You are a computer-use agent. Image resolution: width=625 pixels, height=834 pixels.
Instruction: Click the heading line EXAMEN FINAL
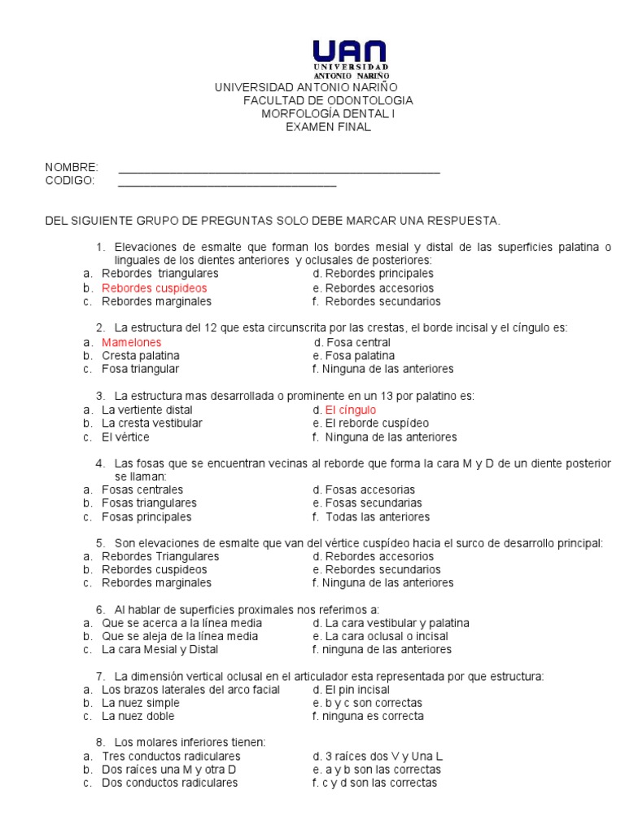pyautogui.click(x=328, y=127)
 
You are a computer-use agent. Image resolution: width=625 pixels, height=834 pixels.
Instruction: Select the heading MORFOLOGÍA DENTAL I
pyautogui.click(x=328, y=114)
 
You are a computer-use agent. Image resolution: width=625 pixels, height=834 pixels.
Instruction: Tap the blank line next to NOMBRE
pyautogui.click(x=279, y=171)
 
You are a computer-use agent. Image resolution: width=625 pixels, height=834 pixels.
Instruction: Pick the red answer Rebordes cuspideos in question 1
pyautogui.click(x=155, y=288)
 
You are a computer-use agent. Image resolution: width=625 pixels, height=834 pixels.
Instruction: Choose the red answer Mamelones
pyautogui.click(x=132, y=343)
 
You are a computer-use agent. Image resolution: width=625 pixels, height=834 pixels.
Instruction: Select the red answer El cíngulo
pyautogui.click(x=351, y=410)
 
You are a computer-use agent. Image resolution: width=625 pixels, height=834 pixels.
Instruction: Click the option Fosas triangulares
pyautogui.click(x=149, y=503)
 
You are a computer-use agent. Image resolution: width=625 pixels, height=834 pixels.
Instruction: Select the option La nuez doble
pyautogui.click(x=138, y=717)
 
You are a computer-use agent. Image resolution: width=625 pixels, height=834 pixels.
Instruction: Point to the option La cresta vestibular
pyautogui.click(x=152, y=424)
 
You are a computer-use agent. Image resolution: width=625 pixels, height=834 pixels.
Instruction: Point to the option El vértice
pyautogui.click(x=125, y=437)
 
